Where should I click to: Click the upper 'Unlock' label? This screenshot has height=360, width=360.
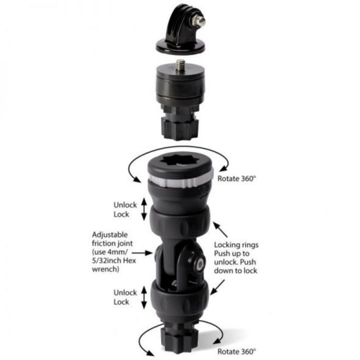[125, 205]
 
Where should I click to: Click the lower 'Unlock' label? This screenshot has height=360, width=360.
[125, 292]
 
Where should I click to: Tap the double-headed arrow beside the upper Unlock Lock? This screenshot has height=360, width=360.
[144, 210]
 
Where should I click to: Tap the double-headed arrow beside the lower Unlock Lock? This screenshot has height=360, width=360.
[144, 297]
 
